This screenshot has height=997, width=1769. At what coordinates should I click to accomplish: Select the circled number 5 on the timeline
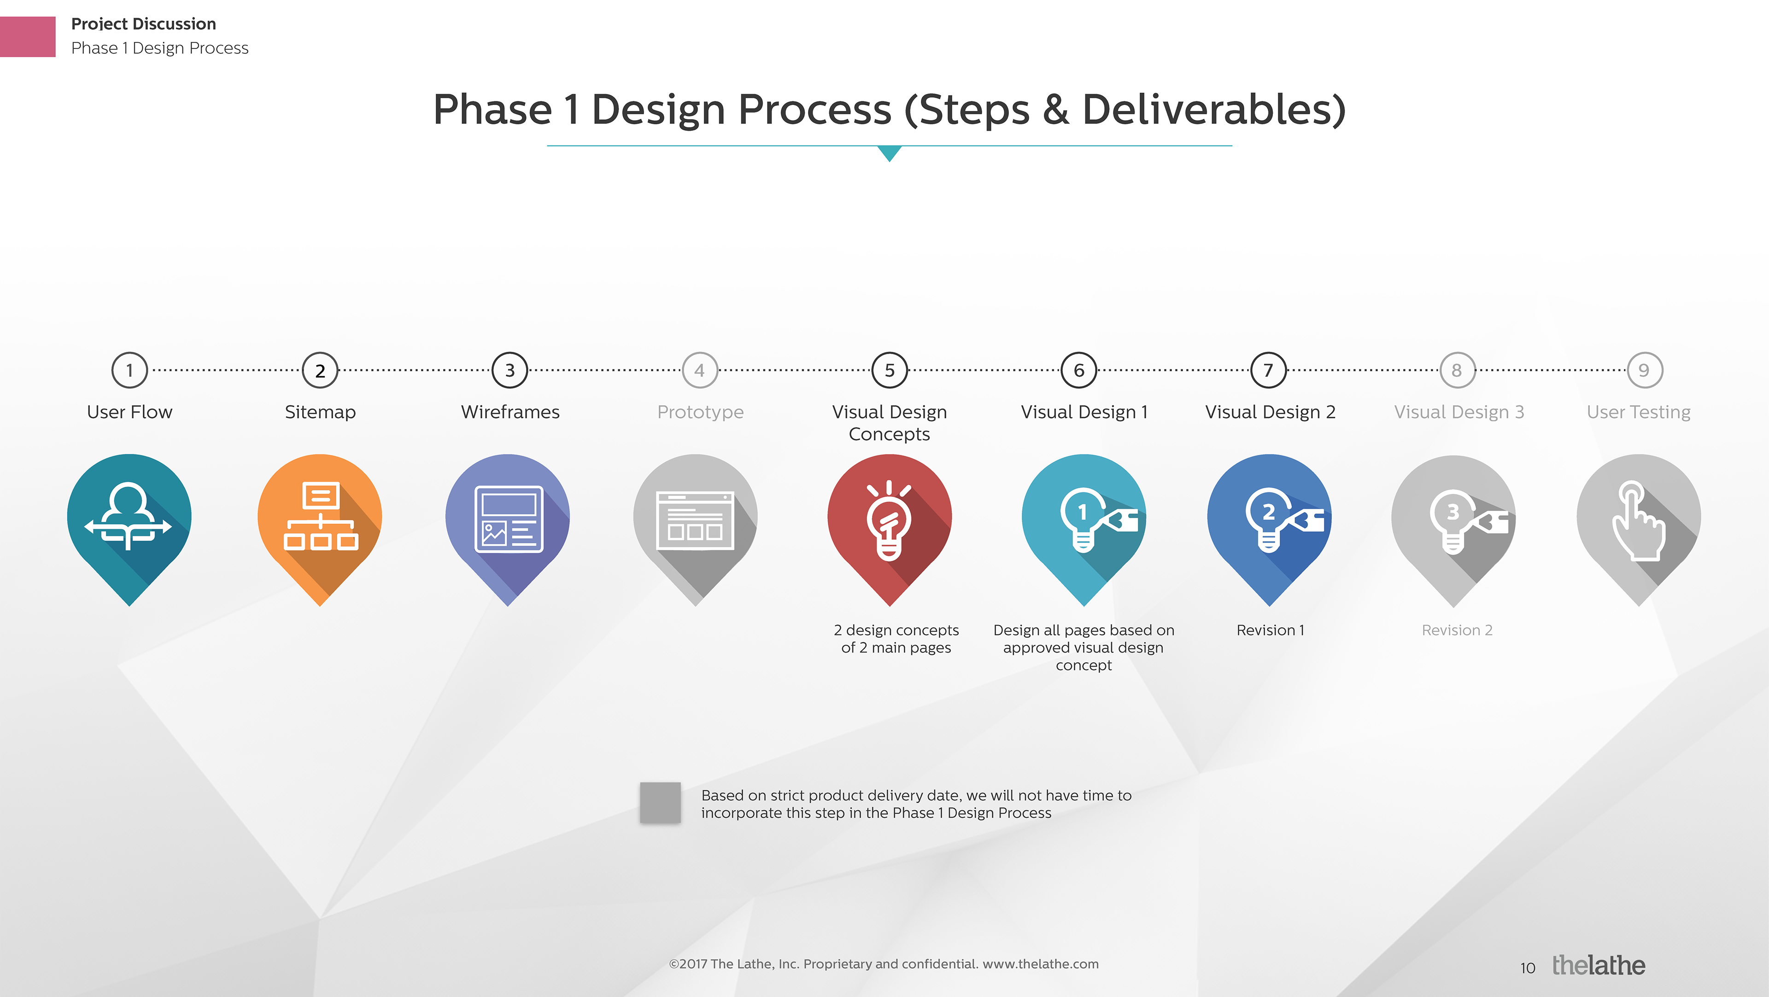(x=889, y=370)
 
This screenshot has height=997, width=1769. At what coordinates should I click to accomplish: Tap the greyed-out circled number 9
(x=1644, y=370)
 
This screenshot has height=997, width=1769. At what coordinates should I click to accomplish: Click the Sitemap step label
(x=320, y=412)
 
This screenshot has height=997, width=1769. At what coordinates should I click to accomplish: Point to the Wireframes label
(x=510, y=412)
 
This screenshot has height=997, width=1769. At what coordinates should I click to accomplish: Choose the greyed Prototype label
(x=700, y=413)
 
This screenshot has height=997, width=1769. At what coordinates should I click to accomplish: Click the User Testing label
(x=1639, y=413)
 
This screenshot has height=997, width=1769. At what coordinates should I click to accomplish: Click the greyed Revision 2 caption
(x=1457, y=630)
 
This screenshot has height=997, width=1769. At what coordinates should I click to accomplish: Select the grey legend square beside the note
(x=660, y=803)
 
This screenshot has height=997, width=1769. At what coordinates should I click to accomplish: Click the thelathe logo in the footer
(x=1598, y=965)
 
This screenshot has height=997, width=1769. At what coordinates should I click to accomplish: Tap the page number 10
(x=1527, y=968)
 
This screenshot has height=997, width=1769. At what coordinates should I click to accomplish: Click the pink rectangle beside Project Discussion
(x=28, y=36)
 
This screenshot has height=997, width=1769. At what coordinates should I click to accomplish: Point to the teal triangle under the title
(x=889, y=152)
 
